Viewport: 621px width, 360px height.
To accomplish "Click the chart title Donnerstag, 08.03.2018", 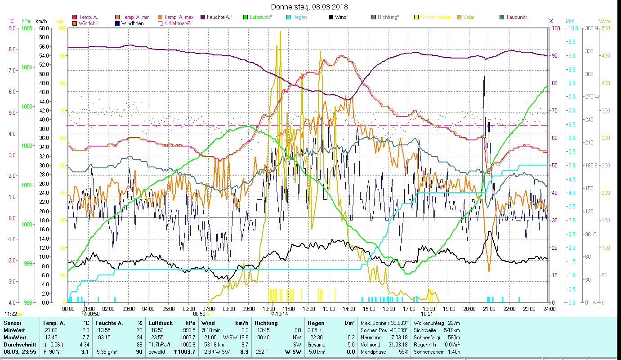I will coord(309,7).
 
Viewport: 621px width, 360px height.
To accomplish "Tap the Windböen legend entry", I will coord(132,23).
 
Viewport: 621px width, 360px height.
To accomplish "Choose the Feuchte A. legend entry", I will coord(219,17).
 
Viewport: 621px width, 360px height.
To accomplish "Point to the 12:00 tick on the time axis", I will coord(308,309).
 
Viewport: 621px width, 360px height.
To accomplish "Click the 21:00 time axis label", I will coord(489,309).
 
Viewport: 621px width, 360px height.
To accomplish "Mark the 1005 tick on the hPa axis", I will coord(27,28).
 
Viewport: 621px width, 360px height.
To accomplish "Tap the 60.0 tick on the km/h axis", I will coord(44,28).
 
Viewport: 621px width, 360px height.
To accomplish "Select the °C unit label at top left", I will coord(11,21).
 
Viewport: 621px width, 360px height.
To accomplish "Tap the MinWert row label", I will coord(14,330).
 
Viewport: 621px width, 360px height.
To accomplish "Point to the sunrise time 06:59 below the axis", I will coord(199,314).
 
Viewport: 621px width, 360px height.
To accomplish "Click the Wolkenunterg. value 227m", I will coord(456,323).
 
